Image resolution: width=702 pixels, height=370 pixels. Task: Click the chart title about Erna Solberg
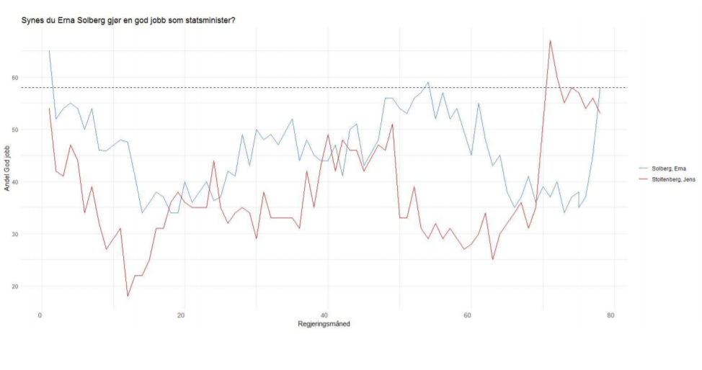pos(129,19)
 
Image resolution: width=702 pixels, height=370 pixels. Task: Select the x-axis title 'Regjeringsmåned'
pos(324,324)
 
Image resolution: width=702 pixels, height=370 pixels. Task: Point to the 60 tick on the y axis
pos(34,78)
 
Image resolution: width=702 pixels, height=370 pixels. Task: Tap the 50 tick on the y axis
pos(34,130)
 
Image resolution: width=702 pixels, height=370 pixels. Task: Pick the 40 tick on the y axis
pos(34,182)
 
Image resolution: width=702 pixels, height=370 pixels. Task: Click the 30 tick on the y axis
pos(34,234)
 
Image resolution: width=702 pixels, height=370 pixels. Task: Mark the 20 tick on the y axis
pos(34,286)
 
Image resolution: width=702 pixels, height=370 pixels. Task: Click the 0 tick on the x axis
pos(40,315)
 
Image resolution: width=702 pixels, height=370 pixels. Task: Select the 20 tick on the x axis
pos(183,315)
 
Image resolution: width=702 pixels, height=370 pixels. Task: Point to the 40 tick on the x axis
pos(326,315)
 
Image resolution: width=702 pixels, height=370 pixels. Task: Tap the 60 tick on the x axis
pos(468,315)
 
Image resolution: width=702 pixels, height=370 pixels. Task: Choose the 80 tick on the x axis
pos(611,315)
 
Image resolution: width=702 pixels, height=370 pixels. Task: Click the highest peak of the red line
pos(550,40)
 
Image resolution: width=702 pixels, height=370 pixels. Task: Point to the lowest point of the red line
pos(128,296)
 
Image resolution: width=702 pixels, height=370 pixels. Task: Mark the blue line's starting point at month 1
pos(49,51)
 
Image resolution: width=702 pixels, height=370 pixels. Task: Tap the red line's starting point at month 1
pos(49,109)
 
